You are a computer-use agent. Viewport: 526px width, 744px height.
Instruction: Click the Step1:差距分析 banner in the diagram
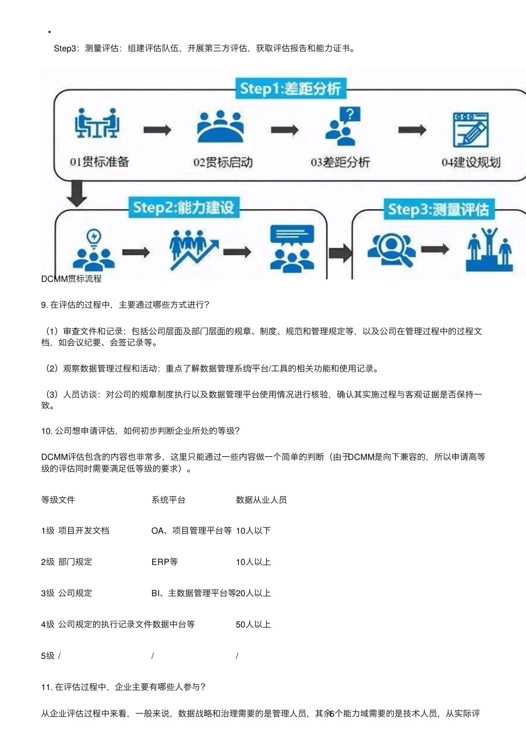point(290,89)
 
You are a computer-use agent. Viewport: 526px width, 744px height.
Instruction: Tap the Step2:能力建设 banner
point(183,208)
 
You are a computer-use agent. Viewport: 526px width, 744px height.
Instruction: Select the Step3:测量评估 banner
point(438,209)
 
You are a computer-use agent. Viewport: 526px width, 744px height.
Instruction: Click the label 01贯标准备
point(99,162)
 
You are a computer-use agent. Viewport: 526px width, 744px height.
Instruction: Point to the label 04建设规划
point(471,162)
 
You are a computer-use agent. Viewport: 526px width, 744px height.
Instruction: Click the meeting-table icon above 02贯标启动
point(220,127)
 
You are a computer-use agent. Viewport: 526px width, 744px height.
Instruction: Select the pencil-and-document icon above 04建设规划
point(471,129)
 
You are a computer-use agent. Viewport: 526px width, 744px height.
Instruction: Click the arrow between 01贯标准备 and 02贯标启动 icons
point(157,130)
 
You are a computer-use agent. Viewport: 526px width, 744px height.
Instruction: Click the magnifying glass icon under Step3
point(391,249)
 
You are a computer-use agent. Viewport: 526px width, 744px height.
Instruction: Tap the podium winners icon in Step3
point(489,249)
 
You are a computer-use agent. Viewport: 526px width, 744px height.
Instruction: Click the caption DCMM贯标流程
point(71,279)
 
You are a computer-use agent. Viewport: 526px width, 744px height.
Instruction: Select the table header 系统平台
point(168,500)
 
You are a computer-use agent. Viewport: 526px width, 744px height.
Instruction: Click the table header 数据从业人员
point(261,500)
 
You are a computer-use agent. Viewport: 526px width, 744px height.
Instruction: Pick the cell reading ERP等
point(164,562)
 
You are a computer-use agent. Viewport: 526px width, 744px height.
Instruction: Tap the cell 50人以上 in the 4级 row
point(253,625)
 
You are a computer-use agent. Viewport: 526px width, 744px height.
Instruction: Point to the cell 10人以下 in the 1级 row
point(253,531)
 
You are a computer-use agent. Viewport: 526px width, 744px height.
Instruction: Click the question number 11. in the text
point(47,687)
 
